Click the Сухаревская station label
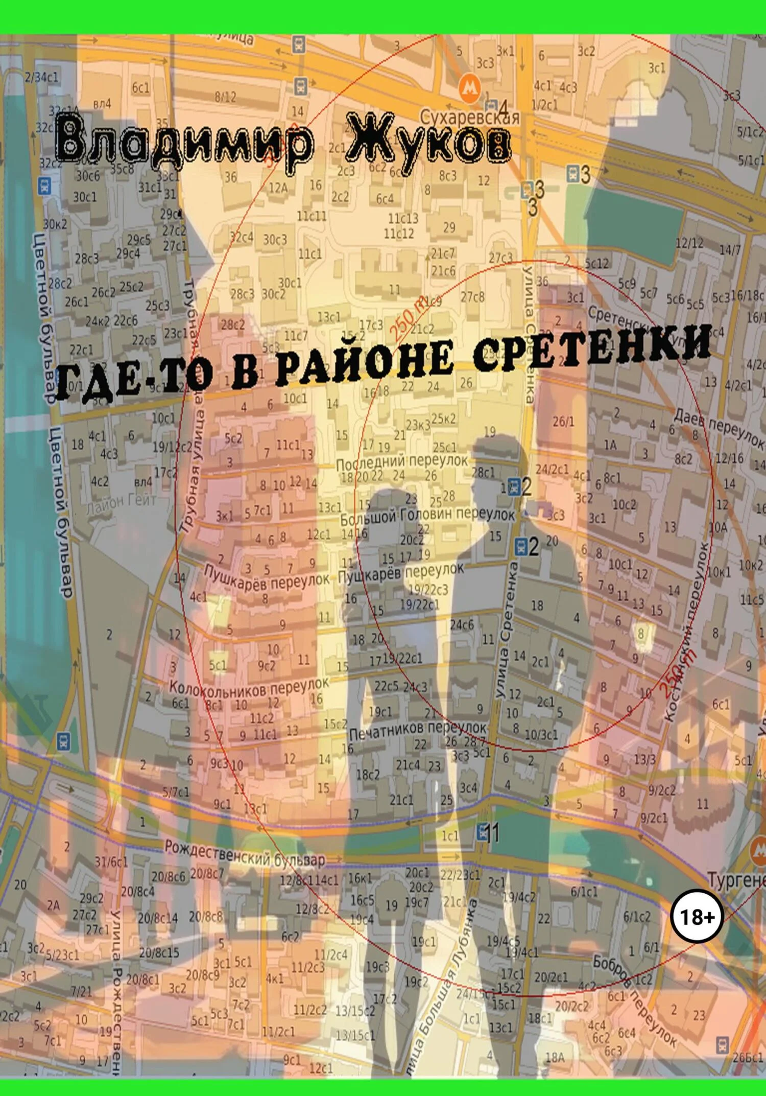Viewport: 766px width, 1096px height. tap(469, 118)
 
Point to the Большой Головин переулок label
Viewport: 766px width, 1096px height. tap(427, 516)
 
